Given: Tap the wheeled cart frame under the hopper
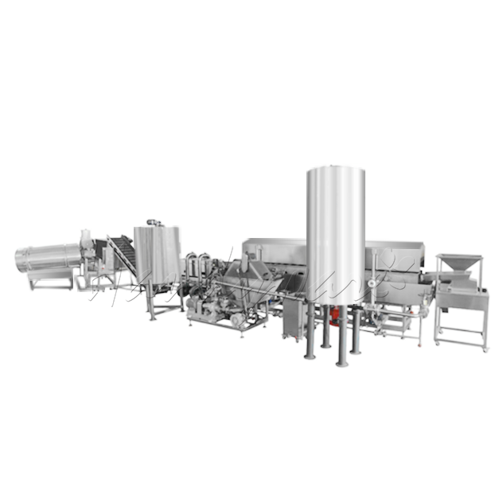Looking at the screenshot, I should click(x=459, y=318).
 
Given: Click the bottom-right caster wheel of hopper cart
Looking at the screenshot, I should click(x=482, y=348).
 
